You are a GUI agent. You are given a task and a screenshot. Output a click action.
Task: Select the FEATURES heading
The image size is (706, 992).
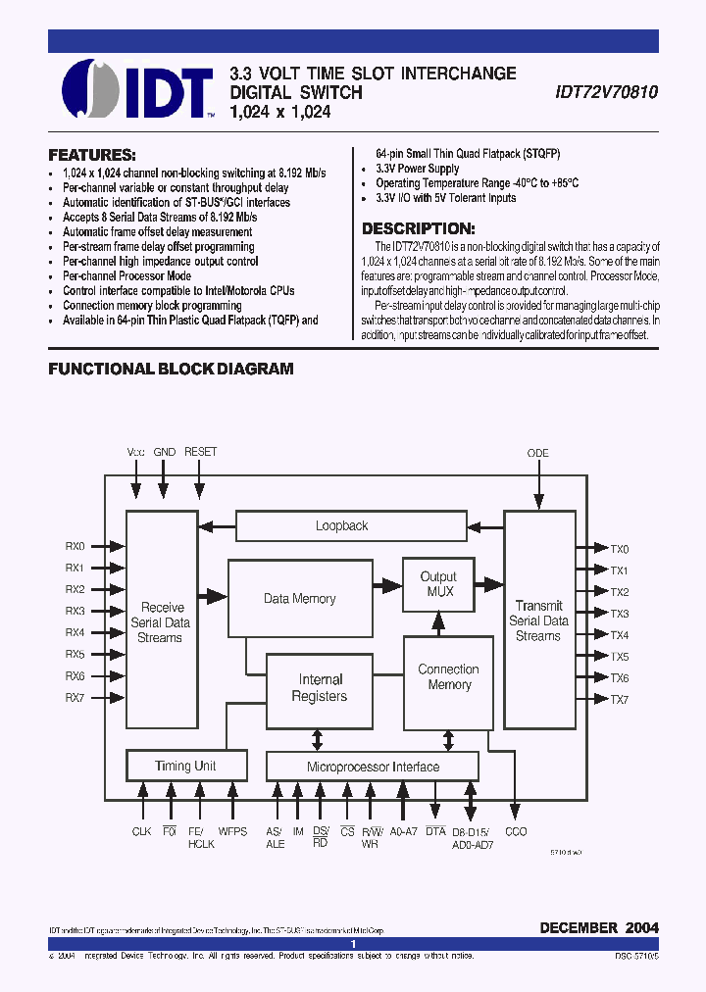coord(92,155)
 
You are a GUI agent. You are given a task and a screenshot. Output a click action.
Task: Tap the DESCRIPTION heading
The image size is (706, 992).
coord(426,228)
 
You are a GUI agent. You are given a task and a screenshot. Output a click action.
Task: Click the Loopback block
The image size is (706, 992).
coord(341,526)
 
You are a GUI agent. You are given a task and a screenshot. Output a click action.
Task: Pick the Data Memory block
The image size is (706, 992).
coord(299,599)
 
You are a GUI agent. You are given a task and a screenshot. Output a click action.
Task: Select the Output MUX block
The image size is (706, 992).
coord(440,584)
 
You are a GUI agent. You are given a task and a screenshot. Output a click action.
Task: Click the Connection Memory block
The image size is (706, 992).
coord(449,677)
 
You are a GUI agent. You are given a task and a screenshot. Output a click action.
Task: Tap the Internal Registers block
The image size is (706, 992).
coord(320,688)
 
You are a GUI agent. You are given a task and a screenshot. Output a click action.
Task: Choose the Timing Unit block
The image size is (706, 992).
coord(185,766)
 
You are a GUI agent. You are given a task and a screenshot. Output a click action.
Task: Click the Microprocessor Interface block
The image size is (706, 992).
coord(373,767)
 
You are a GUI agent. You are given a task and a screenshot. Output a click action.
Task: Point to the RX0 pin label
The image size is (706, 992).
coord(76,546)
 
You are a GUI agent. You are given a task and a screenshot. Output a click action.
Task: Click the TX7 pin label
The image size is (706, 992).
coord(620,699)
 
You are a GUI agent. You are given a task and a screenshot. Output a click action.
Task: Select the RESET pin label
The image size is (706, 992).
coord(200,452)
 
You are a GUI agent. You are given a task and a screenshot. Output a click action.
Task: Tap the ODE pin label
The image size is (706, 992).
coord(538,453)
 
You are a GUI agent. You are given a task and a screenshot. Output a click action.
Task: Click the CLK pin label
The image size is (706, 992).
coord(142,831)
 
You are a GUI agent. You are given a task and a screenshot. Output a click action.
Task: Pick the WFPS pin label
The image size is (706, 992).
coord(232,831)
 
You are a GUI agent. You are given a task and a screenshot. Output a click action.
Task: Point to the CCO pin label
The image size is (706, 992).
coord(516,831)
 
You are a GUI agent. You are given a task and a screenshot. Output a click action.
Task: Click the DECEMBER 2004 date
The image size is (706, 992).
coord(598,927)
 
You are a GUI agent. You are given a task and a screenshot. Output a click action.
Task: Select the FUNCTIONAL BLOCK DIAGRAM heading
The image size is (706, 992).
coord(172,370)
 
